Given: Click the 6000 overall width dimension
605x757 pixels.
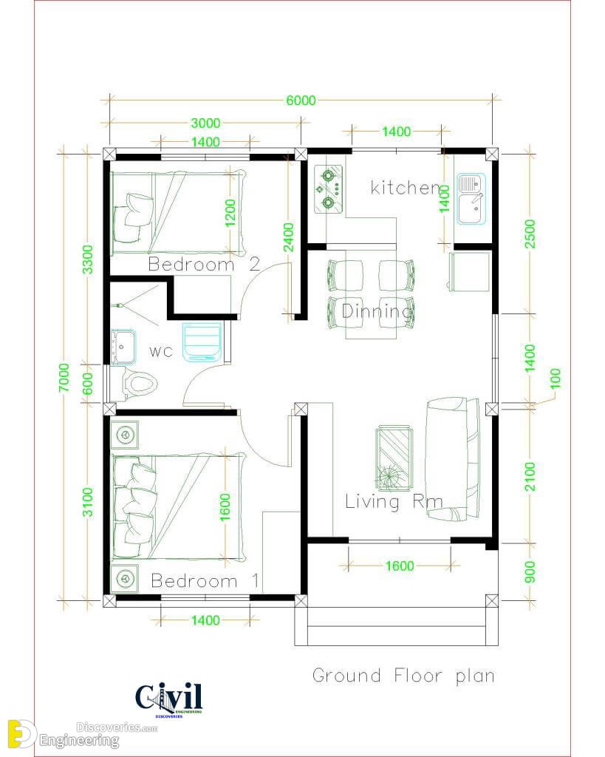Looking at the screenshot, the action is [x=301, y=101].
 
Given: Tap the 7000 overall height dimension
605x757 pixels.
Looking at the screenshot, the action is [x=65, y=378].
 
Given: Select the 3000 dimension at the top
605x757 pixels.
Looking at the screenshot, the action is [x=205, y=123].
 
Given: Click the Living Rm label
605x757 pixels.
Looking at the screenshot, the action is [x=394, y=502].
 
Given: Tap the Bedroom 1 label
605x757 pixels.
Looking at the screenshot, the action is [x=205, y=580].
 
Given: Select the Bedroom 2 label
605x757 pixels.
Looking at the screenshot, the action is [x=204, y=264].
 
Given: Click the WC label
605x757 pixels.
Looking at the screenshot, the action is [x=160, y=351].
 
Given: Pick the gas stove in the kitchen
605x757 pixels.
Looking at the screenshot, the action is [x=329, y=189].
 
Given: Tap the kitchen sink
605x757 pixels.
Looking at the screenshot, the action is [x=471, y=200].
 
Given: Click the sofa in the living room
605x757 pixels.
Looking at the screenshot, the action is [x=452, y=458].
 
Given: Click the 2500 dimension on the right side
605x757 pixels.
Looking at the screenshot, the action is [x=530, y=234].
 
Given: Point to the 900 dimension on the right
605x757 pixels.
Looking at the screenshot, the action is [x=530, y=572].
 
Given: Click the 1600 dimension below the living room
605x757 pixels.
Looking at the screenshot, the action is [x=400, y=566].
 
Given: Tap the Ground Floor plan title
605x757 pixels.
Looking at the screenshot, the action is [x=403, y=676].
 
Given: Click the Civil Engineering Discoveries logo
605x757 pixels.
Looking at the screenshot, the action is [x=169, y=700].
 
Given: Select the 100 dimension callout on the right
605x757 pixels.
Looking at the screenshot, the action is [x=556, y=378].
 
